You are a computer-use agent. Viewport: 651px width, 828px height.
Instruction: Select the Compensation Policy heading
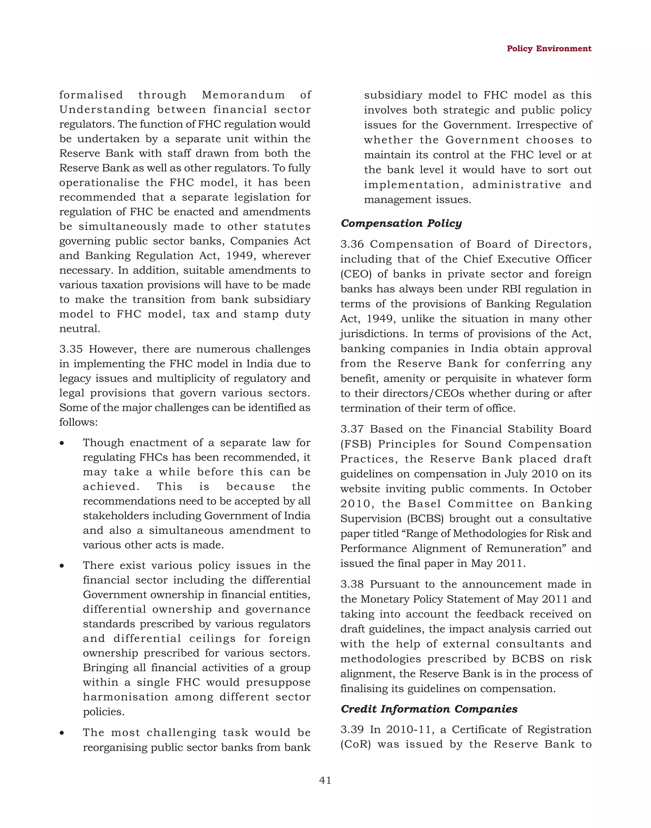[401, 223]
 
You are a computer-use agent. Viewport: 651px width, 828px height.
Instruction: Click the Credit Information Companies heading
[429, 709]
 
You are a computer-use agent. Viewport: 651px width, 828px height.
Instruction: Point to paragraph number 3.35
[71, 349]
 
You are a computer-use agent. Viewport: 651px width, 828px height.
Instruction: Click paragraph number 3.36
[352, 244]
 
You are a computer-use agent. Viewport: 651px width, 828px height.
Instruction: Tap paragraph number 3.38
[352, 584]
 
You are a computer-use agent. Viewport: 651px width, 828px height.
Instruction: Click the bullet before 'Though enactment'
[62, 443]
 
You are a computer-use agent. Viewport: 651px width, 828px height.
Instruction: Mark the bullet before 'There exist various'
[62, 566]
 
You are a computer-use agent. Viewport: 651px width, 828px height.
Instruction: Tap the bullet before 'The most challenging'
[62, 733]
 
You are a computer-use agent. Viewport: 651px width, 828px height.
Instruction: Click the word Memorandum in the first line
[243, 95]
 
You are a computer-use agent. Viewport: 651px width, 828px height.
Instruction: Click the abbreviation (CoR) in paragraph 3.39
[355, 744]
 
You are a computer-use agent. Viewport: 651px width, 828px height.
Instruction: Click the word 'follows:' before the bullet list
[79, 422]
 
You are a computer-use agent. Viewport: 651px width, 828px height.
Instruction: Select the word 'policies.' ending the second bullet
[103, 712]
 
